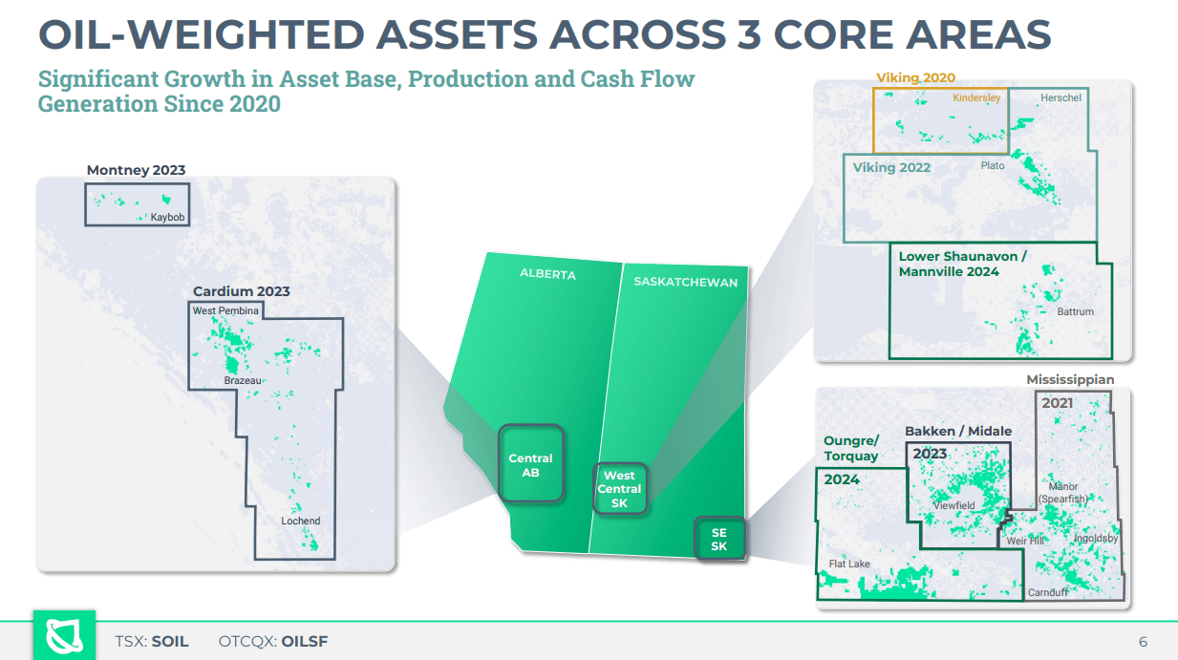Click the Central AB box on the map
[530, 465]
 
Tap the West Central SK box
[619, 489]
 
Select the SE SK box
[718, 540]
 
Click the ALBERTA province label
[547, 274]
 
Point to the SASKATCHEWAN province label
[685, 282]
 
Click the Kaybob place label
[167, 218]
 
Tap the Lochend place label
[300, 521]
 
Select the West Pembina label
[225, 311]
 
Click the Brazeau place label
[243, 380]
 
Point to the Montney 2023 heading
[136, 170]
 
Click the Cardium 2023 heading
[241, 291]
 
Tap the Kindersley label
[976, 98]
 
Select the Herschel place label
[1060, 98]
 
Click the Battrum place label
[1075, 311]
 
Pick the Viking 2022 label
[891, 167]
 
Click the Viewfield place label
[953, 505]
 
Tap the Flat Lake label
[849, 564]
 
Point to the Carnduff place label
[1047, 592]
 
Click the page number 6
[1143, 641]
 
